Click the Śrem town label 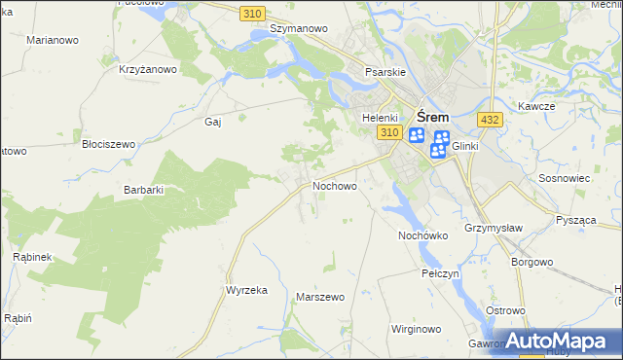pyautogui.click(x=433, y=113)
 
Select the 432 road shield pyautogui.click(x=490, y=119)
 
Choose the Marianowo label pyautogui.click(x=54, y=41)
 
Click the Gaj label pyautogui.click(x=214, y=122)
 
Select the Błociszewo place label pyautogui.click(x=108, y=143)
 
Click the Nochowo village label pyautogui.click(x=334, y=185)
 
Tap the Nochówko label pyautogui.click(x=422, y=235)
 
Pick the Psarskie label pyautogui.click(x=385, y=72)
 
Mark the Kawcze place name pyautogui.click(x=536, y=106)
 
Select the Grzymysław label pyautogui.click(x=495, y=228)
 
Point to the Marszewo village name pyautogui.click(x=320, y=297)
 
